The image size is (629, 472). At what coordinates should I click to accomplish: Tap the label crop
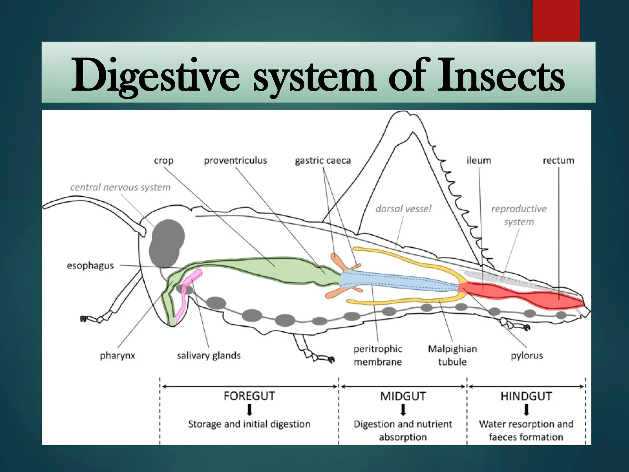pos(163,161)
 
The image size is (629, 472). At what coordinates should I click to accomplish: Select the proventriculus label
pos(235,160)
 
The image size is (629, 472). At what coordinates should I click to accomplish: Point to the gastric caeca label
pos(322,160)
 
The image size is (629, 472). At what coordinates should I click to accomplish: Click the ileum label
pos(479,160)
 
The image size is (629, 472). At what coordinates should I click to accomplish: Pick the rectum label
pos(558,160)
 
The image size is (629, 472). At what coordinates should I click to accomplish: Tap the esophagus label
pos(90,265)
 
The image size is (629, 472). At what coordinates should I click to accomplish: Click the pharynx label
pos(117,356)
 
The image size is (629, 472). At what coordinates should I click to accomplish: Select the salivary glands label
pos(209,356)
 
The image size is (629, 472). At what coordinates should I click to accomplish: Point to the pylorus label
pos(527,356)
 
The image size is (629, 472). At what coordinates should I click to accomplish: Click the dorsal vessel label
pos(403,209)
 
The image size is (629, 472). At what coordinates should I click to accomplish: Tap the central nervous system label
pos(120,187)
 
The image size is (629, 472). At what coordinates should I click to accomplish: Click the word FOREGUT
pos(249,396)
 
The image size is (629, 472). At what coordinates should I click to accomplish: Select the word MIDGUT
pos(403,396)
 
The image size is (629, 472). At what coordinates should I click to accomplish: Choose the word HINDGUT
pos(526,396)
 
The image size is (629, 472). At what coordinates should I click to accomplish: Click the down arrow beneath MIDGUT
pos(403,410)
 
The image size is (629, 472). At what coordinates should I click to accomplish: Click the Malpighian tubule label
pos(452,355)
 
